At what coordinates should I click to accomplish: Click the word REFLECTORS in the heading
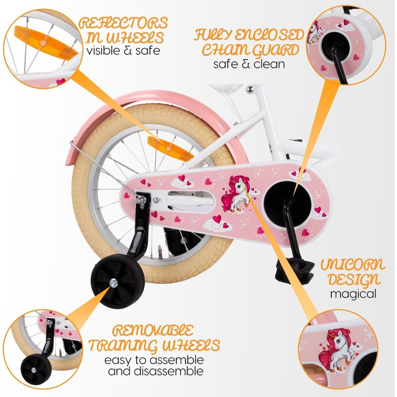[x=124, y=24]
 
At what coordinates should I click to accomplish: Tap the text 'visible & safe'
[x=124, y=51]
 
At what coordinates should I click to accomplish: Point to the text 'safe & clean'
[x=249, y=64]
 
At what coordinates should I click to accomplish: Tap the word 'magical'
[x=354, y=294]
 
